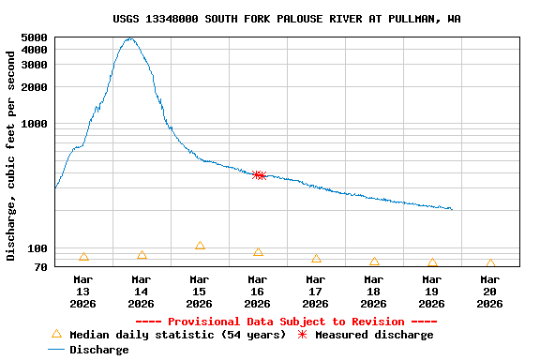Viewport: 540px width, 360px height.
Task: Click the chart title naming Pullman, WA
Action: (286, 19)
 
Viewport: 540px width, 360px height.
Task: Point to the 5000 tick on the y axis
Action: (34, 37)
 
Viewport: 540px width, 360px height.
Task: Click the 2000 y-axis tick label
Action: (34, 87)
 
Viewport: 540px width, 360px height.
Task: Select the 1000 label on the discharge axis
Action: (34, 124)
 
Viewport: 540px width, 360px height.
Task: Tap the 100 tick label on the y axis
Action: (37, 248)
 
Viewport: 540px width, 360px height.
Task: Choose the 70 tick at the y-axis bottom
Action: (40, 267)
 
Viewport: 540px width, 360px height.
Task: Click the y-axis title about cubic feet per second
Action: (11, 156)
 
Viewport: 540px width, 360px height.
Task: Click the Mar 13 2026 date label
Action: (83, 291)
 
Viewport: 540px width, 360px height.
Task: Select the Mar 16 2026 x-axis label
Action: (258, 291)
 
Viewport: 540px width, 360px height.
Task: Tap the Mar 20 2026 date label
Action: (490, 291)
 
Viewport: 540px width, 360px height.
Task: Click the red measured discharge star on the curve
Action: (260, 175)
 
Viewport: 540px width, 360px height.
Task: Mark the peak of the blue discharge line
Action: (130, 38)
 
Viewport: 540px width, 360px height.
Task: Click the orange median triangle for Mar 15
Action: (200, 246)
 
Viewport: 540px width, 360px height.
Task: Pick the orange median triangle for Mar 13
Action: (83, 257)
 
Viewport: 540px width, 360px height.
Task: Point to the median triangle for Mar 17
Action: (316, 259)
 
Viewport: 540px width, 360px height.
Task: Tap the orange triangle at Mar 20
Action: (490, 264)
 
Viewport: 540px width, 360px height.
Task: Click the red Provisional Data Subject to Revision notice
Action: (286, 322)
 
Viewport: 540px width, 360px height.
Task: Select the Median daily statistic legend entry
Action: (169, 335)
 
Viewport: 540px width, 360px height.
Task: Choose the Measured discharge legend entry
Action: (366, 335)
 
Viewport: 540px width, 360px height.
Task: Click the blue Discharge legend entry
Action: (88, 350)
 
